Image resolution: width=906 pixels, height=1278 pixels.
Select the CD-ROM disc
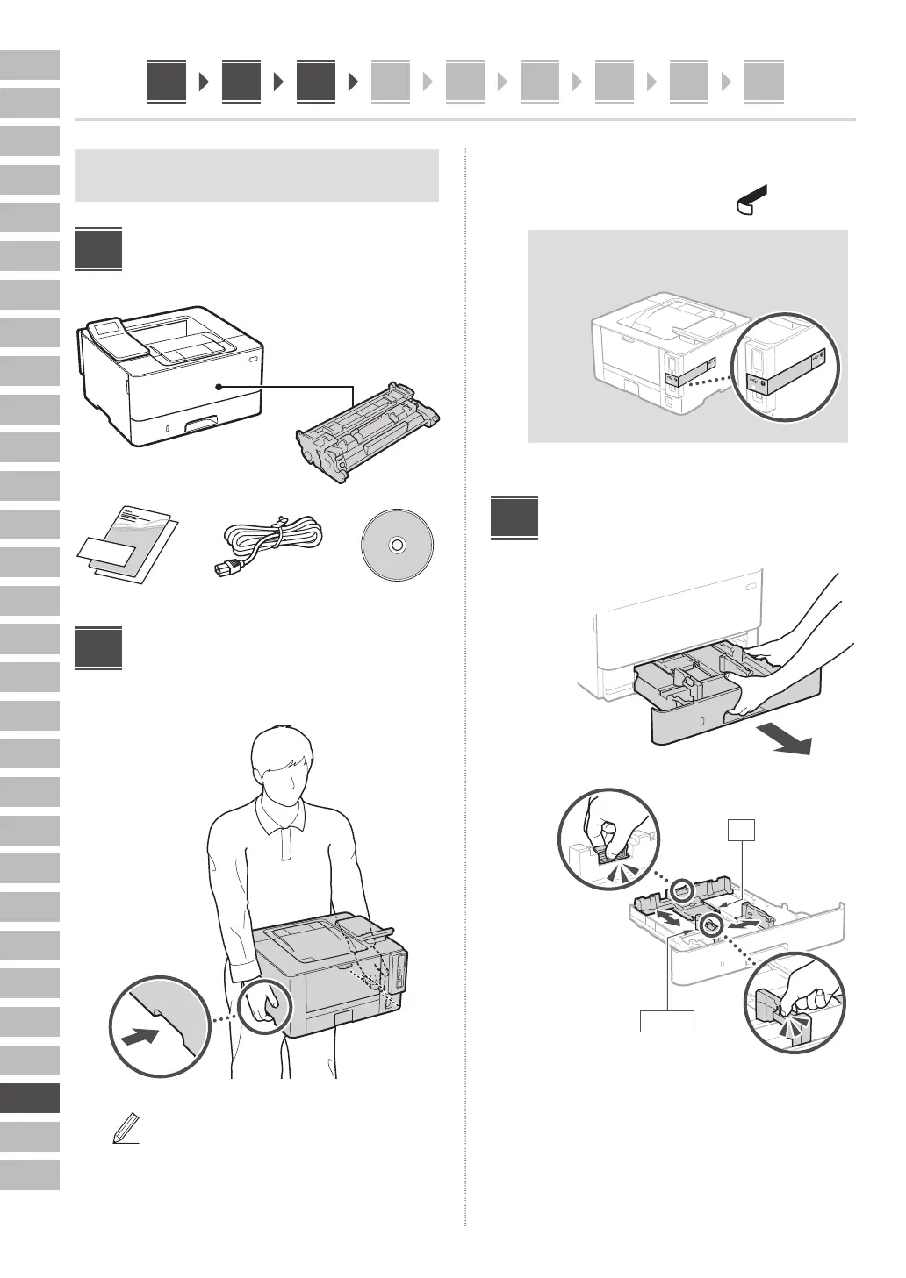396,545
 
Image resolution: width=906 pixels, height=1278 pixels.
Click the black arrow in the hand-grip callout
142,1036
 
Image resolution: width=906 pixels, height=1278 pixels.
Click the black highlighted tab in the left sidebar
30,1098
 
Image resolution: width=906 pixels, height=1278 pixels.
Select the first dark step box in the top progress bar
167,82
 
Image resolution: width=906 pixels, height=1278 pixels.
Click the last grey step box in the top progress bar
763,82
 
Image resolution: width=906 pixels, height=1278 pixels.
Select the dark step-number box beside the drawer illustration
514,518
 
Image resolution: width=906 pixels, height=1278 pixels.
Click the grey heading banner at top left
257,175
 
